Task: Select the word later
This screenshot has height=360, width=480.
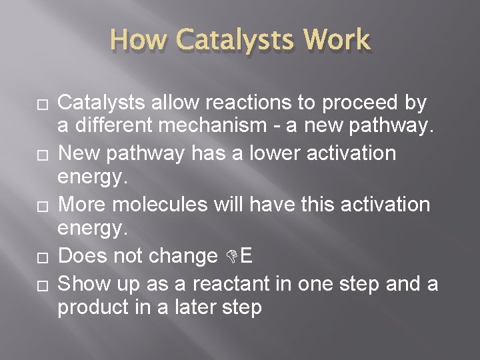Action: pos(194,308)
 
